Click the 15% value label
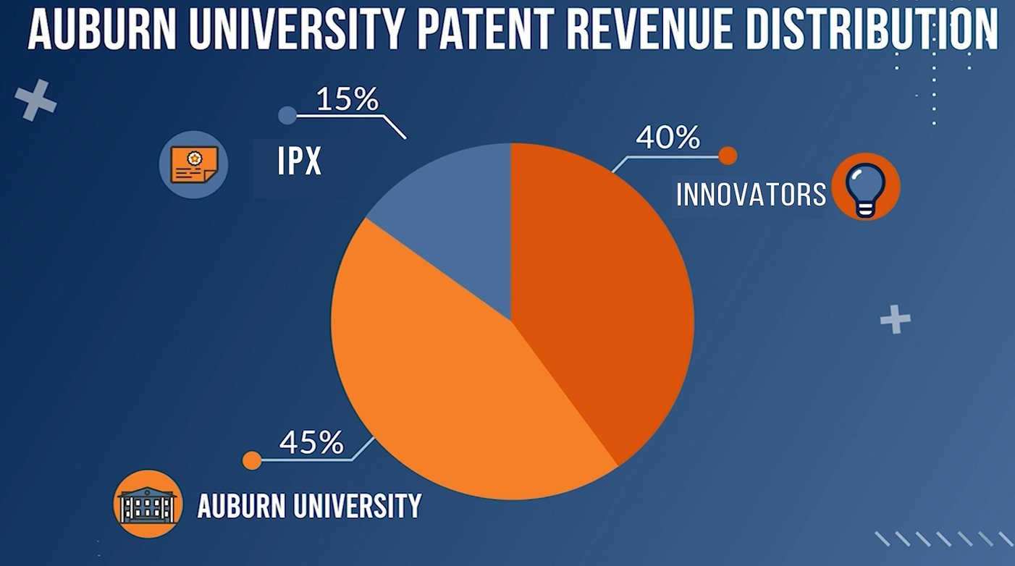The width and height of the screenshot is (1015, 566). coord(348,100)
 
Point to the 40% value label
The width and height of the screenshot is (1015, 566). coord(667,137)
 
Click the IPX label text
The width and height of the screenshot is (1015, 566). coord(299,163)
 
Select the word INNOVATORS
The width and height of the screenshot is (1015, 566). coord(751,194)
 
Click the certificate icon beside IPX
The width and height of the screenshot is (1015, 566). coord(193,165)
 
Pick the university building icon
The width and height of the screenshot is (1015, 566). coord(148,503)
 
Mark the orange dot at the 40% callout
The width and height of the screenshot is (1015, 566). coord(728,155)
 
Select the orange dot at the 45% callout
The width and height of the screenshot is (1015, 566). coord(251,460)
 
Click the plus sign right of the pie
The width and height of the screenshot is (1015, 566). coord(896,319)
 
